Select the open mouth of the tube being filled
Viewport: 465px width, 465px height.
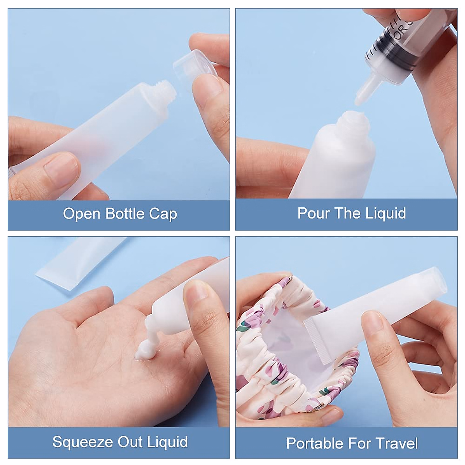coord(352,117)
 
